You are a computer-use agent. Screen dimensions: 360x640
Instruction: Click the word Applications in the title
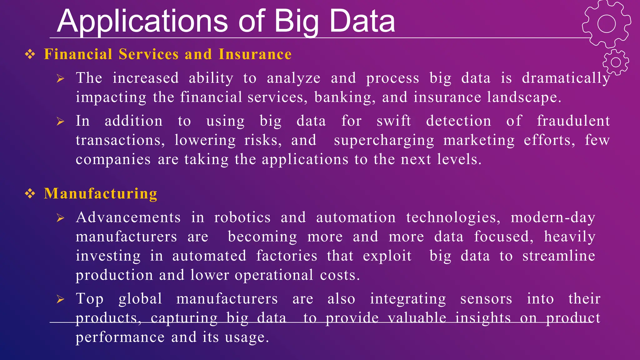[142, 21]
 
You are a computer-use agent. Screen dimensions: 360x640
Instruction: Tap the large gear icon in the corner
[606, 24]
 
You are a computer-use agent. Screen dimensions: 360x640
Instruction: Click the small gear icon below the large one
[616, 62]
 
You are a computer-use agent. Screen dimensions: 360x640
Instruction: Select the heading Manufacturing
[101, 193]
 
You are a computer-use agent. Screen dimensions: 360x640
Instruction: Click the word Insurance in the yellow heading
[255, 54]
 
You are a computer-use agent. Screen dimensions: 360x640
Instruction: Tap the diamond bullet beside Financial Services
[30, 54]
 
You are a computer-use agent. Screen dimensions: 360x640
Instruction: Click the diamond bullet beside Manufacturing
[30, 194]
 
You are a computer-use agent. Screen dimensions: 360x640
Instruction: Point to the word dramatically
[566, 78]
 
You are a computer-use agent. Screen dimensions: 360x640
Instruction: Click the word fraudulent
[573, 121]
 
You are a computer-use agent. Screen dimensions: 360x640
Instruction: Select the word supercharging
[384, 140]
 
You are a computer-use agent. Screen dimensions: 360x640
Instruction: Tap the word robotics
[242, 217]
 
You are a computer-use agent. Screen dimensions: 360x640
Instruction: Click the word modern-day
[553, 217]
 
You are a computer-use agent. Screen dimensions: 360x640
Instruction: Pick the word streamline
[559, 256]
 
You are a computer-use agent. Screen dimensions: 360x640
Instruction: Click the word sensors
[486, 299]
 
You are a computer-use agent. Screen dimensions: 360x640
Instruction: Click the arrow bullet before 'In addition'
[60, 121]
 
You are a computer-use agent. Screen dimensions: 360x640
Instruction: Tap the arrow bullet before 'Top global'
[60, 299]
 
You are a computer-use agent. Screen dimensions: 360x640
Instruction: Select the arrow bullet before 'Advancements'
[60, 218]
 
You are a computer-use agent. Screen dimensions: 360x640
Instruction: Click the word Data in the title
[362, 21]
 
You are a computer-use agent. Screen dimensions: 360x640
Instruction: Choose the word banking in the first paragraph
[345, 97]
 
